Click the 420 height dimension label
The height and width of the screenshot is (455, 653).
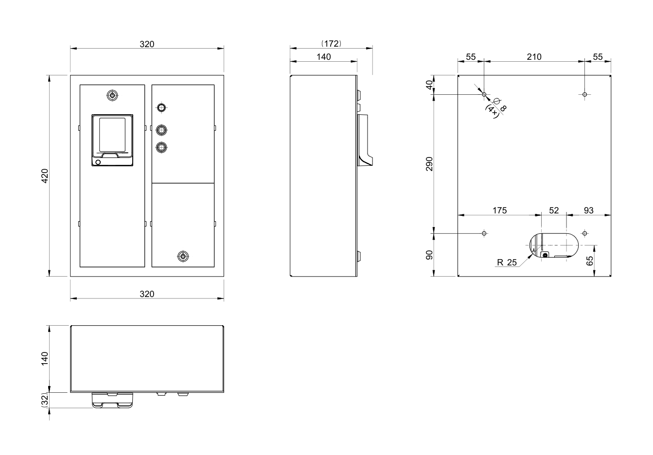pyautogui.click(x=45, y=176)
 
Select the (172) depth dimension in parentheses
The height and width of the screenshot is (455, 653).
pyautogui.click(x=331, y=44)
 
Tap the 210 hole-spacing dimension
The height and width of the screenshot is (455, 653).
pyautogui.click(x=534, y=57)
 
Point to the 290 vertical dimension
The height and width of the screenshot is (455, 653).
pyautogui.click(x=429, y=164)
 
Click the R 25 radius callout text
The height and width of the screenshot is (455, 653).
pyautogui.click(x=507, y=262)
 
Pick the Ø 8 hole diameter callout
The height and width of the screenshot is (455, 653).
pyautogui.click(x=500, y=105)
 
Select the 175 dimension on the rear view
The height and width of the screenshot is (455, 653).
pyautogui.click(x=500, y=210)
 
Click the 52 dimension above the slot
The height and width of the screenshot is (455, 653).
pyautogui.click(x=554, y=210)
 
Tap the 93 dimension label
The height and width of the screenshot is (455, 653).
pyautogui.click(x=588, y=210)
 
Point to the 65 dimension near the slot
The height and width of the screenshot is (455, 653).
pyautogui.click(x=590, y=261)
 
